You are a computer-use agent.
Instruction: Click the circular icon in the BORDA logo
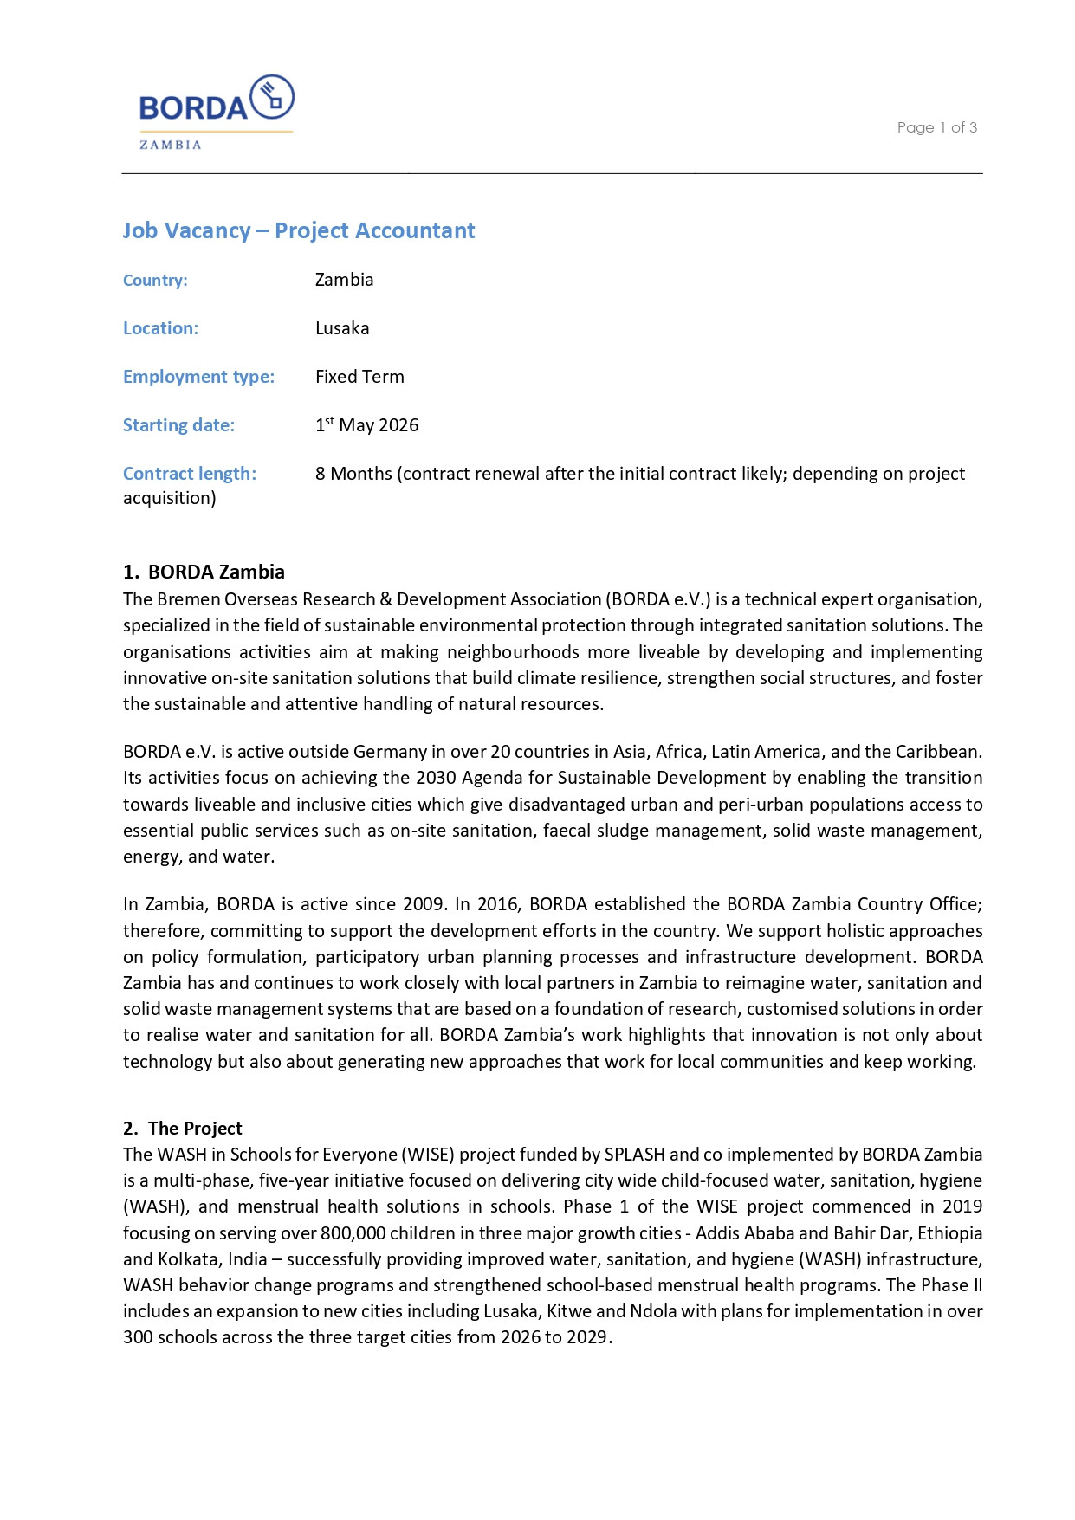click(272, 97)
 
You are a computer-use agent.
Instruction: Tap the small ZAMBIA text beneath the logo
click(171, 146)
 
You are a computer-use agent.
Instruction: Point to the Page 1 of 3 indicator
click(936, 127)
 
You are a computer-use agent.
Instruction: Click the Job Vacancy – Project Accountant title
click(298, 230)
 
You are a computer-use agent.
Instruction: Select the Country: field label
click(155, 281)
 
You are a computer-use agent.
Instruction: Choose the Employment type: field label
click(198, 377)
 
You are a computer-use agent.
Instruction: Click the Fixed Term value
click(359, 377)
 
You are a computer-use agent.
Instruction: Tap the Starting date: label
click(178, 425)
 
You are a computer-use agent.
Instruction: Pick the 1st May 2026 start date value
click(366, 425)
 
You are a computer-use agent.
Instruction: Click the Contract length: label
click(190, 474)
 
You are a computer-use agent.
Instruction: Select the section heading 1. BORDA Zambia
click(204, 572)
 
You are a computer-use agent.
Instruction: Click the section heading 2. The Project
click(183, 1129)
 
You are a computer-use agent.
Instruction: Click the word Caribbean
click(938, 752)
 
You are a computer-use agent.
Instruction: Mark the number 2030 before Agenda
click(436, 778)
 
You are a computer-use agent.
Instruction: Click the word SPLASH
click(635, 1155)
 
